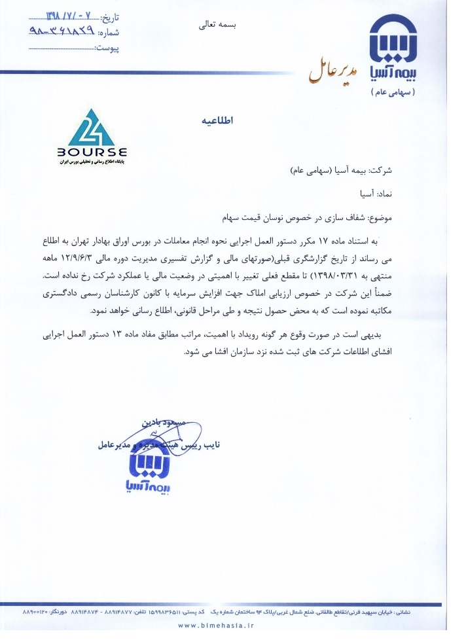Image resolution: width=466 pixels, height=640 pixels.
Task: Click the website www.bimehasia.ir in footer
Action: click(x=215, y=625)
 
